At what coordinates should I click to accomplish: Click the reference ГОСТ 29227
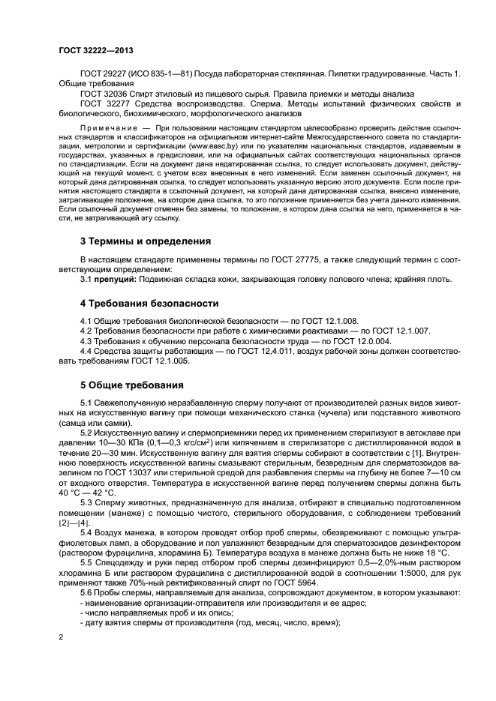click(x=104, y=74)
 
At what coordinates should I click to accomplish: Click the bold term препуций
click(x=116, y=280)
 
